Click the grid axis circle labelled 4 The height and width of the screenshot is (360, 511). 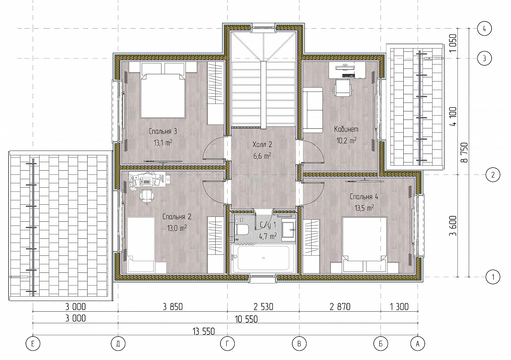[484, 29]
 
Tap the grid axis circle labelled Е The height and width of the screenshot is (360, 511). [33, 344]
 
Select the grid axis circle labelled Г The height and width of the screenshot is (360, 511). [228, 344]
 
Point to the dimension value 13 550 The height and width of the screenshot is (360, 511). [204, 331]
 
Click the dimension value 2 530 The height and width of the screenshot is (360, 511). [263, 307]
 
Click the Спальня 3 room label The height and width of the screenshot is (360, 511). [162, 131]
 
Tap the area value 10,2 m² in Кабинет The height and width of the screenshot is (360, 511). [346, 141]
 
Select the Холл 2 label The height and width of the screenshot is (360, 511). [262, 144]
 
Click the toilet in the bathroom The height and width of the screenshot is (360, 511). [241, 230]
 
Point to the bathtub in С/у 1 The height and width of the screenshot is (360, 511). [263, 258]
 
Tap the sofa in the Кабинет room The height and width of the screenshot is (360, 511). [313, 110]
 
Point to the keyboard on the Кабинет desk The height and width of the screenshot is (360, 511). [349, 76]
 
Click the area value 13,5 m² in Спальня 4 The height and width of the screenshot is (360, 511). [364, 208]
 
